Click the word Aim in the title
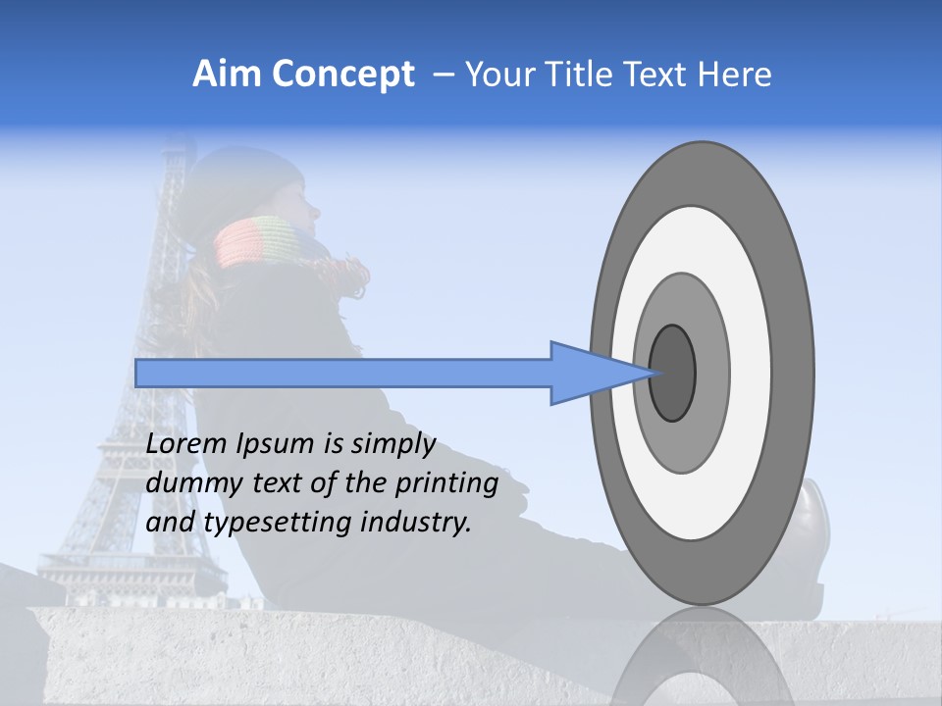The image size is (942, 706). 225,75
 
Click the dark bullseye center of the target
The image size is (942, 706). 672,373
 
